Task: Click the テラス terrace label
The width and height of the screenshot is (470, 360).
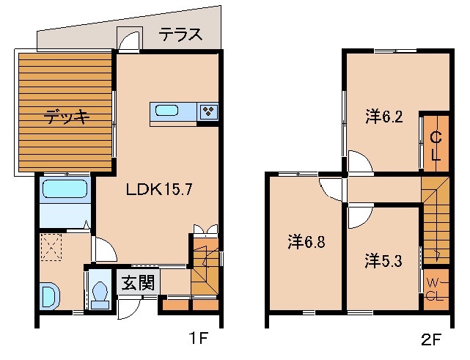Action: [180, 33]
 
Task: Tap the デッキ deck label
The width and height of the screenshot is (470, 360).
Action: [66, 116]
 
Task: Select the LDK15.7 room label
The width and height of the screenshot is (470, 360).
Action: [159, 189]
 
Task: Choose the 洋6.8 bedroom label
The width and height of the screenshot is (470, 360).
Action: [306, 240]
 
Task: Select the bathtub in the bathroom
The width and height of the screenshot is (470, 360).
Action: [65, 189]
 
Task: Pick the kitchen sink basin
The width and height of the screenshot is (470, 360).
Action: [166, 111]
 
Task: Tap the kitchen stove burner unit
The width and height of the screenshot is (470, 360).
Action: [209, 111]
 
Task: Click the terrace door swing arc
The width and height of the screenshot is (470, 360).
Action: [130, 39]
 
